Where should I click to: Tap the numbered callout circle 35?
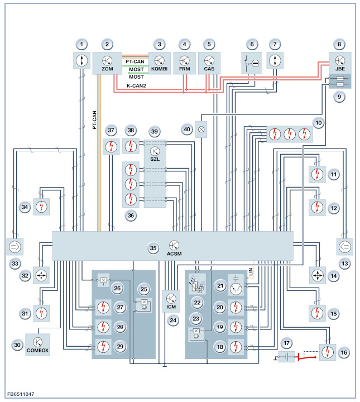(x=153, y=247)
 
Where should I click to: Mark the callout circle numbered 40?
(x=188, y=130)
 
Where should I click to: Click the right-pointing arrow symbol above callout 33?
(x=13, y=245)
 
